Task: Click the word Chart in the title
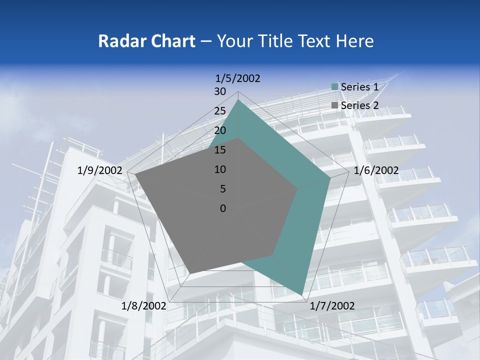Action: (171, 41)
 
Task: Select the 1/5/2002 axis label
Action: (238, 78)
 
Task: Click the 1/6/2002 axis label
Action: (376, 170)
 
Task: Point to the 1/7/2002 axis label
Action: (332, 306)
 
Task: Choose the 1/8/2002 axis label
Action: (144, 306)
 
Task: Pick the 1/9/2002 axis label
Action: (100, 170)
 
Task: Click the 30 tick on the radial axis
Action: (220, 91)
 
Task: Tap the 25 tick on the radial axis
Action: (220, 111)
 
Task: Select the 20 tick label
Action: (220, 130)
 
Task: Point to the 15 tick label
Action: (220, 150)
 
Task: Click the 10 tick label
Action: (220, 169)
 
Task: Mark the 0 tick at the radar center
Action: (223, 208)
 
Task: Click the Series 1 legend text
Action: (359, 87)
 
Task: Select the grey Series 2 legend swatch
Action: (335, 105)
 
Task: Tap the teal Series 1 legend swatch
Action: (335, 87)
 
